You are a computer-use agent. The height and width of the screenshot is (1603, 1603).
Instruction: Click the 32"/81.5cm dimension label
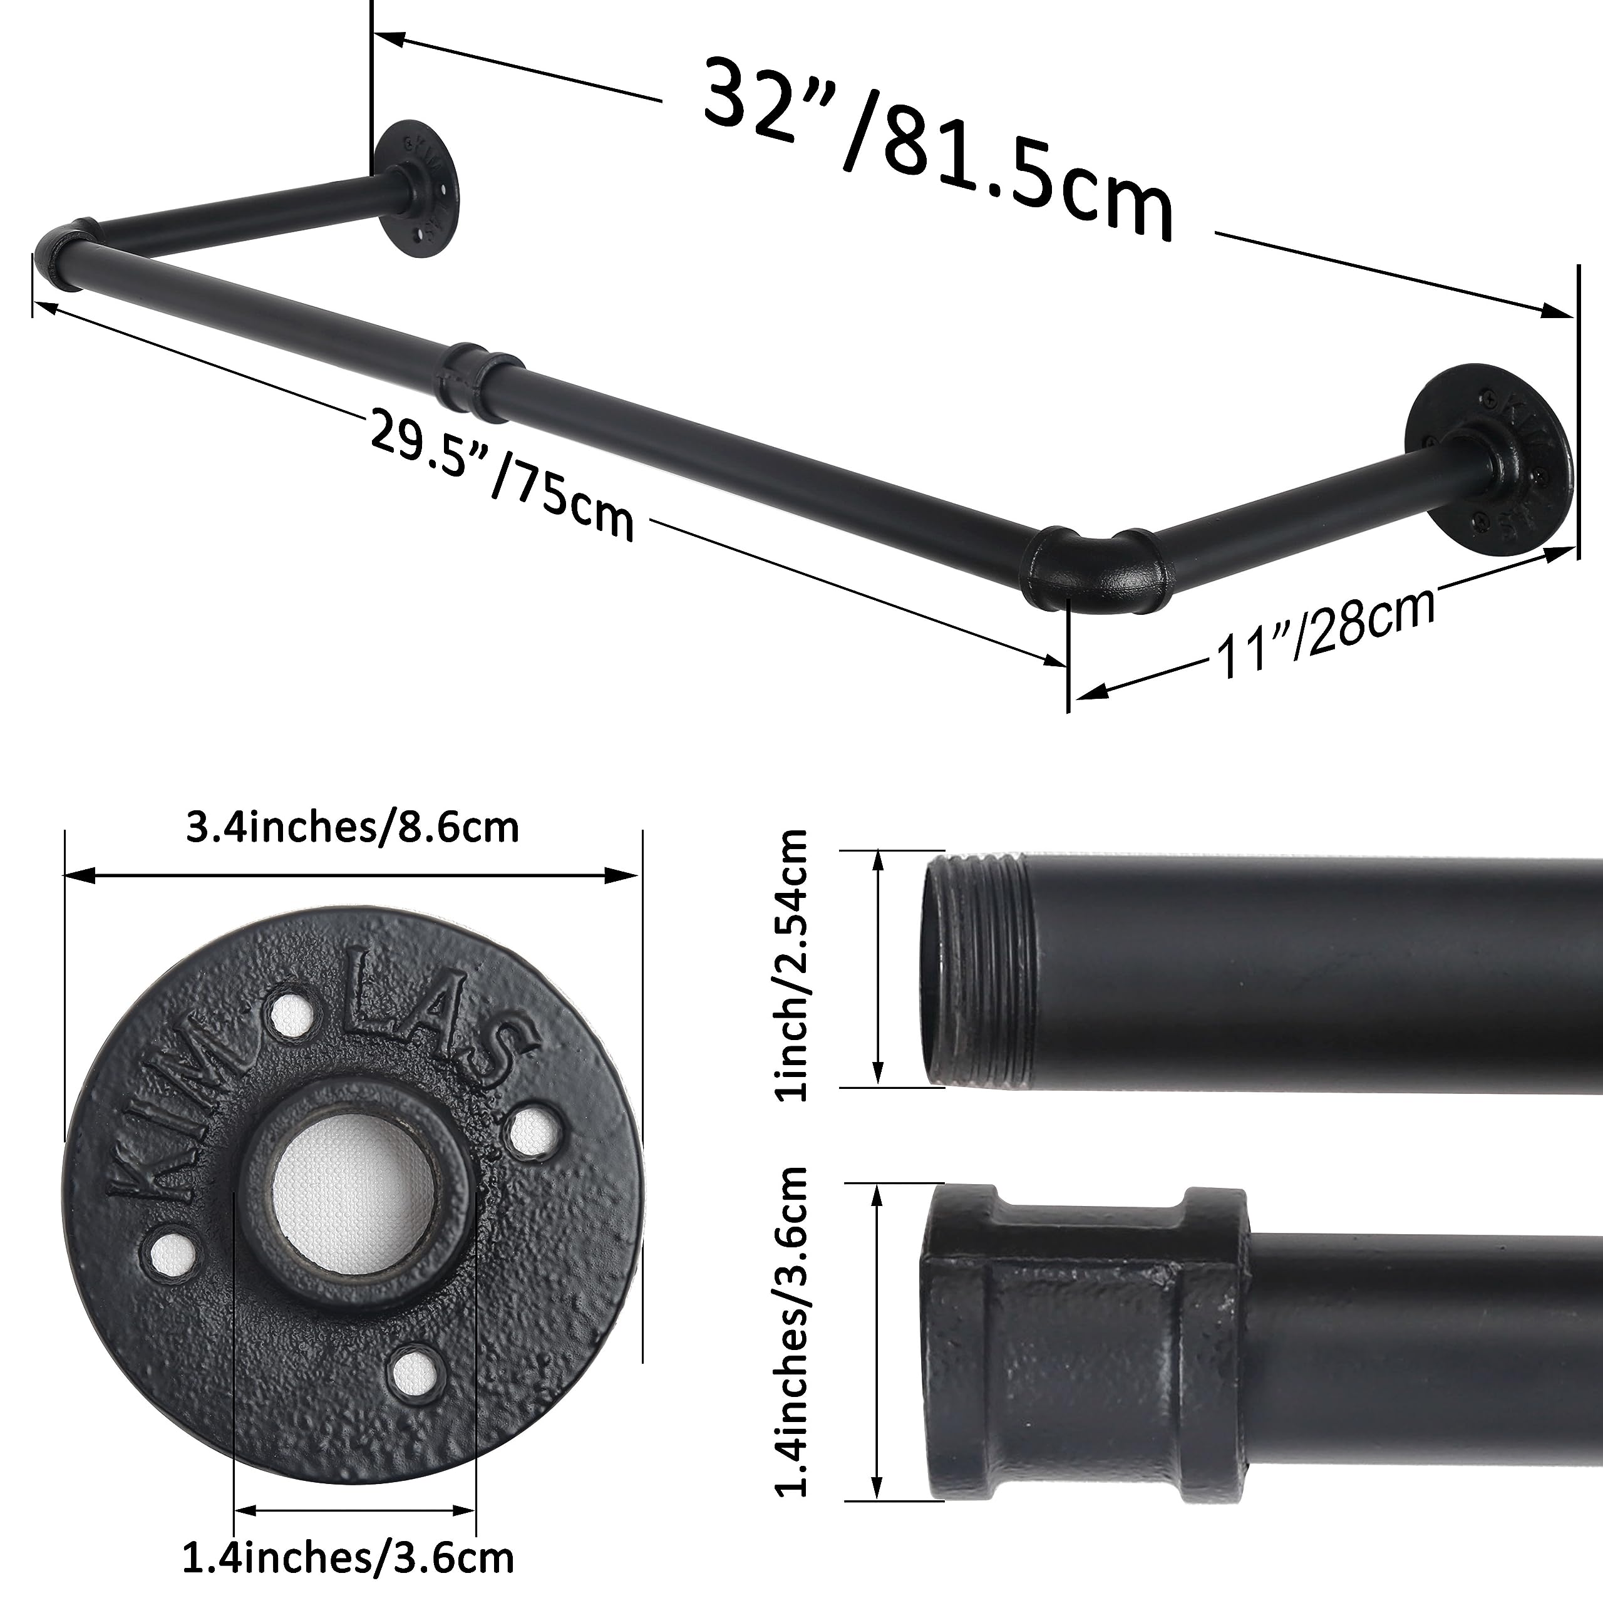[x=937, y=150]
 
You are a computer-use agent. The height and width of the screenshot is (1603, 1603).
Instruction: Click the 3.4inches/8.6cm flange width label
[x=353, y=828]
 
